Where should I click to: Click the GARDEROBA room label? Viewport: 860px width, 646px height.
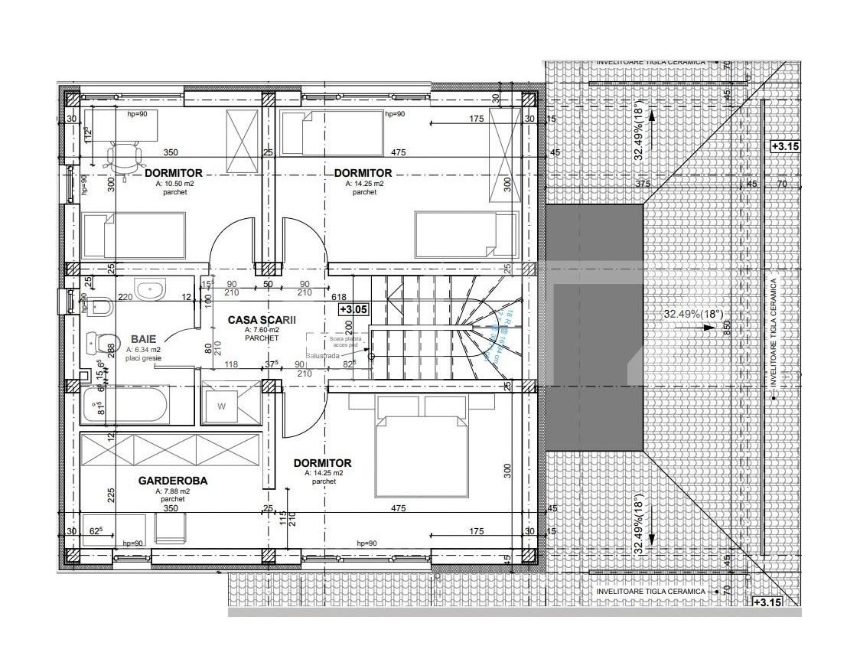click(x=172, y=481)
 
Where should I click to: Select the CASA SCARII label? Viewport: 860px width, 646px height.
click(x=262, y=320)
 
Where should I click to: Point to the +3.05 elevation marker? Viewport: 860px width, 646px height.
click(x=354, y=309)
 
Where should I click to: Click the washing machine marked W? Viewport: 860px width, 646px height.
click(x=222, y=406)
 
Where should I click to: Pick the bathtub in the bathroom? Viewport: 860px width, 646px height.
click(x=127, y=405)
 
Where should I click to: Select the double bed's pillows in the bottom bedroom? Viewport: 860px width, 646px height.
click(x=422, y=406)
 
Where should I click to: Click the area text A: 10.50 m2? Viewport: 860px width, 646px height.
click(x=174, y=184)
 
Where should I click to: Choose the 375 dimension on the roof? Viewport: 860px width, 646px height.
click(x=642, y=184)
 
